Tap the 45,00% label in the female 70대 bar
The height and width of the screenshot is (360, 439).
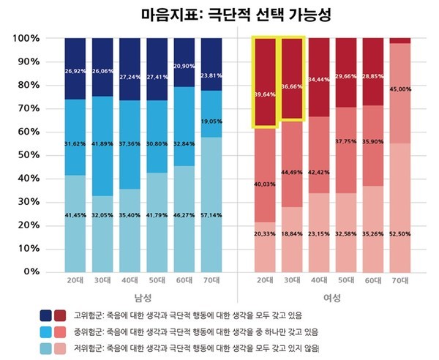(x=399, y=89)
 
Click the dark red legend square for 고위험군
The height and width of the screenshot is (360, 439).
(x=61, y=315)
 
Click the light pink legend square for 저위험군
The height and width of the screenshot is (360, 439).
(x=61, y=348)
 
